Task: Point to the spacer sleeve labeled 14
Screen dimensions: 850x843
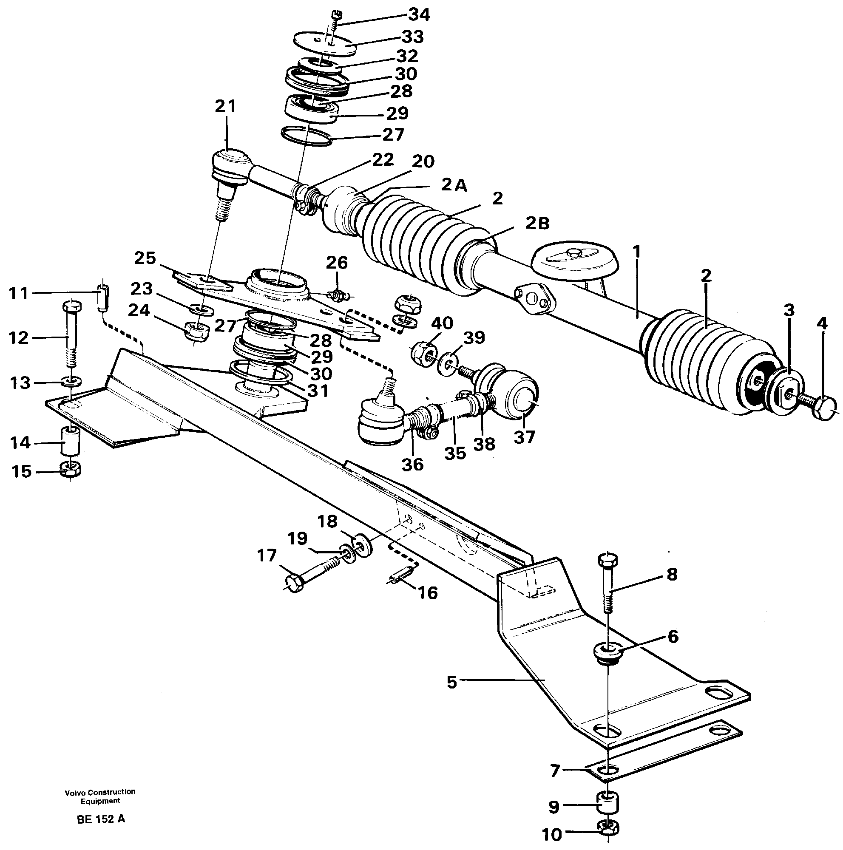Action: [x=70, y=441]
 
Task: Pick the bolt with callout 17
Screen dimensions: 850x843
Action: [x=308, y=576]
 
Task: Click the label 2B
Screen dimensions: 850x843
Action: [x=537, y=224]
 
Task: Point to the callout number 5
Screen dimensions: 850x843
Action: [x=452, y=683]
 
